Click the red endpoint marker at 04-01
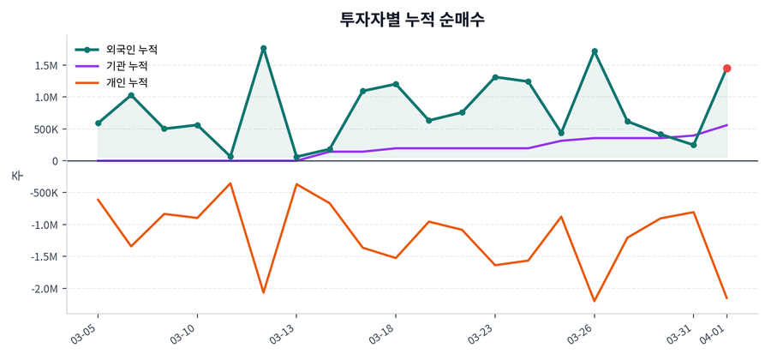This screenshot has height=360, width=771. click(x=726, y=69)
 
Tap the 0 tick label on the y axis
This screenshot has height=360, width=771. click(x=55, y=161)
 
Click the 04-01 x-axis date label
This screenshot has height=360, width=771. click(x=714, y=333)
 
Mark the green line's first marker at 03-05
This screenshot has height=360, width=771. click(x=99, y=123)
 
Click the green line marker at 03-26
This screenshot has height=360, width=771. click(x=595, y=51)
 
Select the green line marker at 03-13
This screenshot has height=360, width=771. click(x=296, y=157)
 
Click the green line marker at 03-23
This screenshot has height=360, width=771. click(x=495, y=77)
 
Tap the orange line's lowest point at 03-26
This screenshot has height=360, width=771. click(x=595, y=301)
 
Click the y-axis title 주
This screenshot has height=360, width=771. click(x=16, y=175)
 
